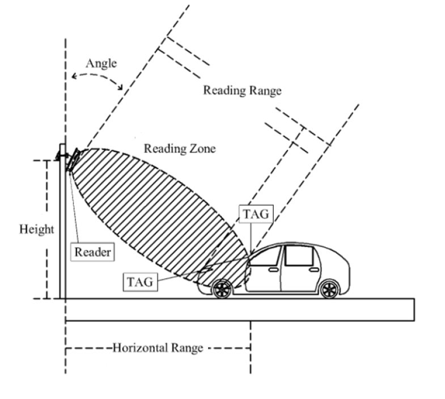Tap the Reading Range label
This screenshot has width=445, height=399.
pos(242,90)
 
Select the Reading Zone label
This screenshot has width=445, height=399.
pos(180,149)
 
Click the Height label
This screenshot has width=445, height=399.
pos(37,230)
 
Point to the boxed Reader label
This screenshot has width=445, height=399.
pos(92,252)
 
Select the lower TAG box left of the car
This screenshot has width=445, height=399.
pos(140,282)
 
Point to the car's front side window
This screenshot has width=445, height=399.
pos(269,257)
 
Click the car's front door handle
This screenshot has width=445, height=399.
pos(273,270)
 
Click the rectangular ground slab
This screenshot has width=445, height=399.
pos(238,309)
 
